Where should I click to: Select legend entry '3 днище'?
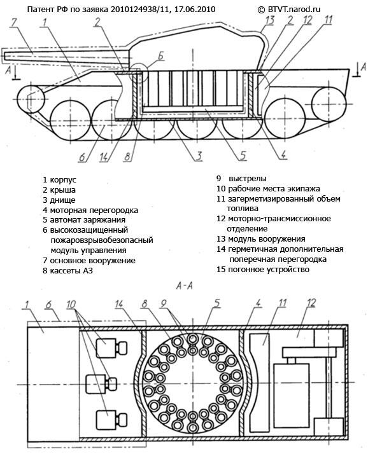point(60,200)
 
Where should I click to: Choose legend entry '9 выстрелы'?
point(241,179)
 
